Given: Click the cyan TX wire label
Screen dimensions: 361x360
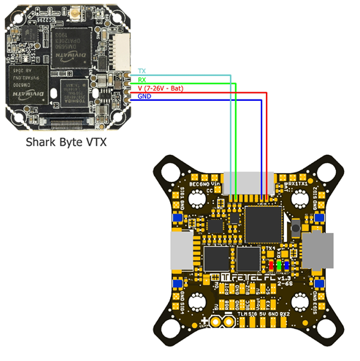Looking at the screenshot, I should point(142,71).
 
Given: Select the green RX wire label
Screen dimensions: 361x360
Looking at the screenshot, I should point(142,79).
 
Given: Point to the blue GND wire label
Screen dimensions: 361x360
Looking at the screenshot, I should point(144,96).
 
